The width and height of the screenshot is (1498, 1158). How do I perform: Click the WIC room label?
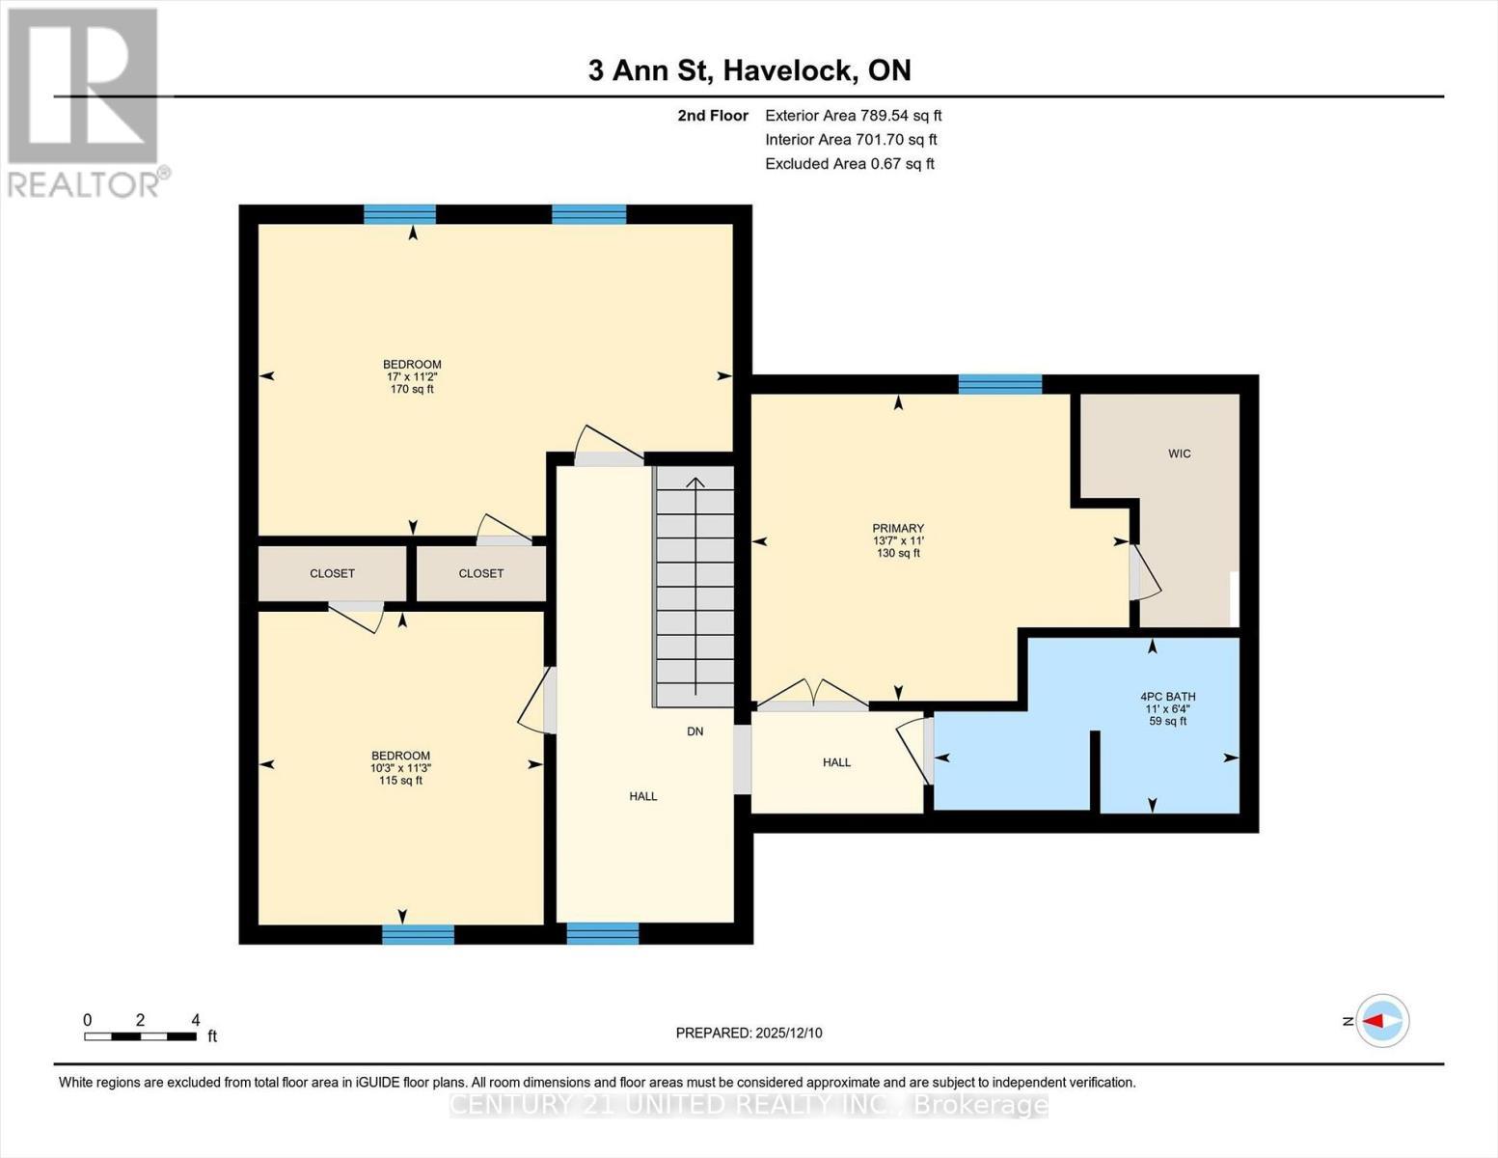pyautogui.click(x=1179, y=454)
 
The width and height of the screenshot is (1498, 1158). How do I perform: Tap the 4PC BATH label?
pyautogui.click(x=1167, y=697)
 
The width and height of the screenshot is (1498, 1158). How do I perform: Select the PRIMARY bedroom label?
pyautogui.click(x=898, y=529)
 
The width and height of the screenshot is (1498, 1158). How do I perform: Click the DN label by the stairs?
pyautogui.click(x=695, y=731)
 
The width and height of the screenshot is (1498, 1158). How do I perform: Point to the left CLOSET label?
pyautogui.click(x=332, y=573)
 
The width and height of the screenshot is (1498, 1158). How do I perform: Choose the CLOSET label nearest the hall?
pyautogui.click(x=480, y=573)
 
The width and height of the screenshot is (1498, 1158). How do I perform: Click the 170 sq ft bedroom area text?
pyautogui.click(x=412, y=390)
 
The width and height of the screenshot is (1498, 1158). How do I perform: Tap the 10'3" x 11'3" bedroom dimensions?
pyautogui.click(x=400, y=768)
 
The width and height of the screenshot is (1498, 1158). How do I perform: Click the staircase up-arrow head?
pyautogui.click(x=695, y=482)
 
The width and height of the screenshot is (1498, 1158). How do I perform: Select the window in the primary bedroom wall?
pyautogui.click(x=999, y=384)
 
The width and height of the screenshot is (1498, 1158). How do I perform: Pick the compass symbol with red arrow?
pyautogui.click(x=1382, y=1020)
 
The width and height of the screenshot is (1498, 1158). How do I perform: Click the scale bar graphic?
pyautogui.click(x=140, y=1036)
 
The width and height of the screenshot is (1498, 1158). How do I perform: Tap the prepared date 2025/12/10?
pyautogui.click(x=749, y=1033)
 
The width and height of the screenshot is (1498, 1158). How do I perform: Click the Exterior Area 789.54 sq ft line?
pyautogui.click(x=853, y=115)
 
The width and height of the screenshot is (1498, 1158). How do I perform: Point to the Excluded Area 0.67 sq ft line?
pyautogui.click(x=849, y=163)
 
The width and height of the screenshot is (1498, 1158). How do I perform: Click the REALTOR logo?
pyautogui.click(x=85, y=101)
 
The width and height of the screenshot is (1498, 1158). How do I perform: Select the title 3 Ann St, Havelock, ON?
pyautogui.click(x=749, y=70)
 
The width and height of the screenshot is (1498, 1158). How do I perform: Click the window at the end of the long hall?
pyautogui.click(x=602, y=933)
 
